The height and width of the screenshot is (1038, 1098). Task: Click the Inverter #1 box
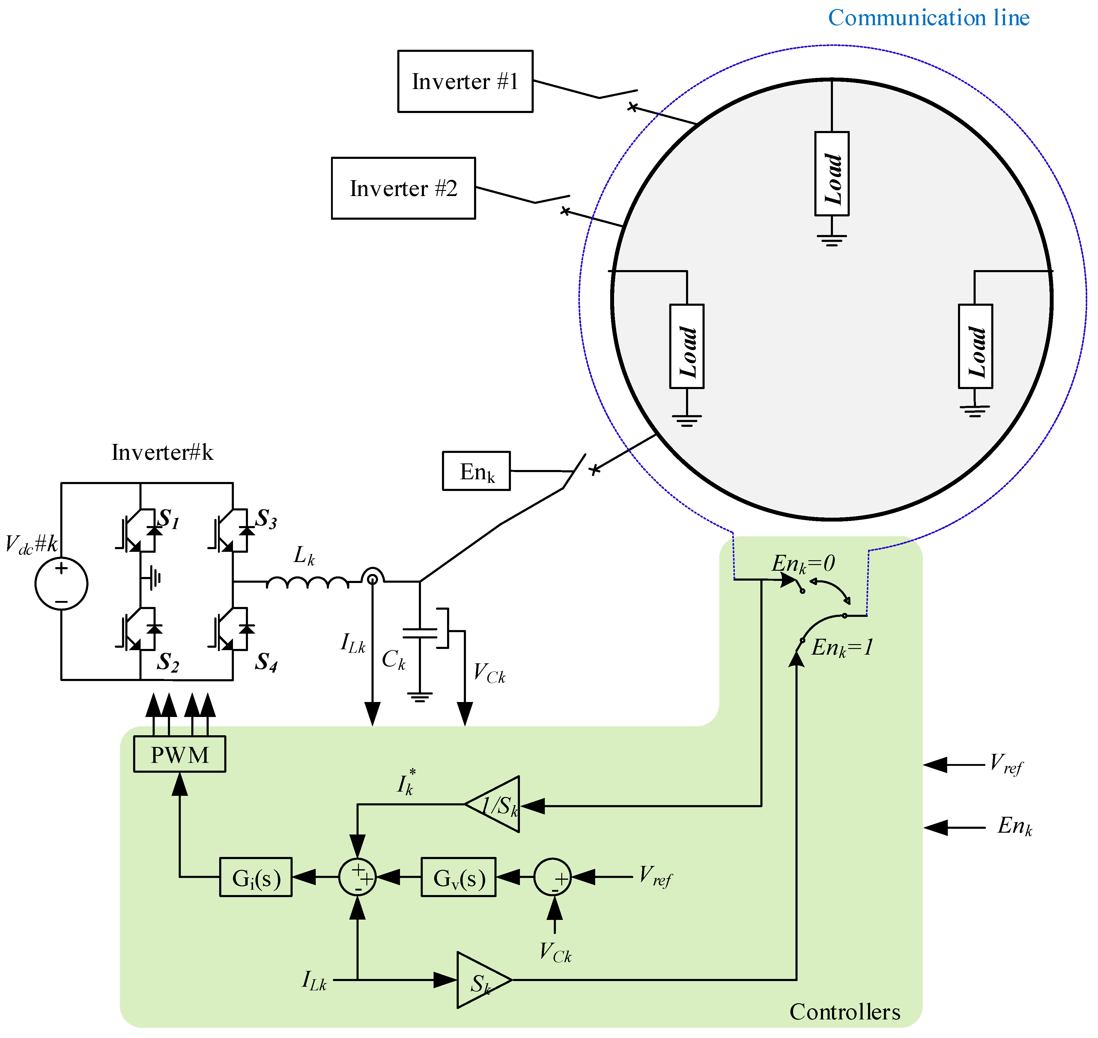pos(465,81)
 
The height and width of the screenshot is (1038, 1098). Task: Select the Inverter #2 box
pos(404,188)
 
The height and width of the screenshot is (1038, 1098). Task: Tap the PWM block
pos(180,754)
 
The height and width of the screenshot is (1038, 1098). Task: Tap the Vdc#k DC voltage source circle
pos(61,584)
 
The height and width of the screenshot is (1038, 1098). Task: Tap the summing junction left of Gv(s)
pos(357,877)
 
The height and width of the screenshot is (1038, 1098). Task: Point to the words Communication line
pos(929,18)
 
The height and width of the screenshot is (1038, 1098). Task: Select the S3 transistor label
pos(266,519)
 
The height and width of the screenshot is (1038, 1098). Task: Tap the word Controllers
pos(845,1012)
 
